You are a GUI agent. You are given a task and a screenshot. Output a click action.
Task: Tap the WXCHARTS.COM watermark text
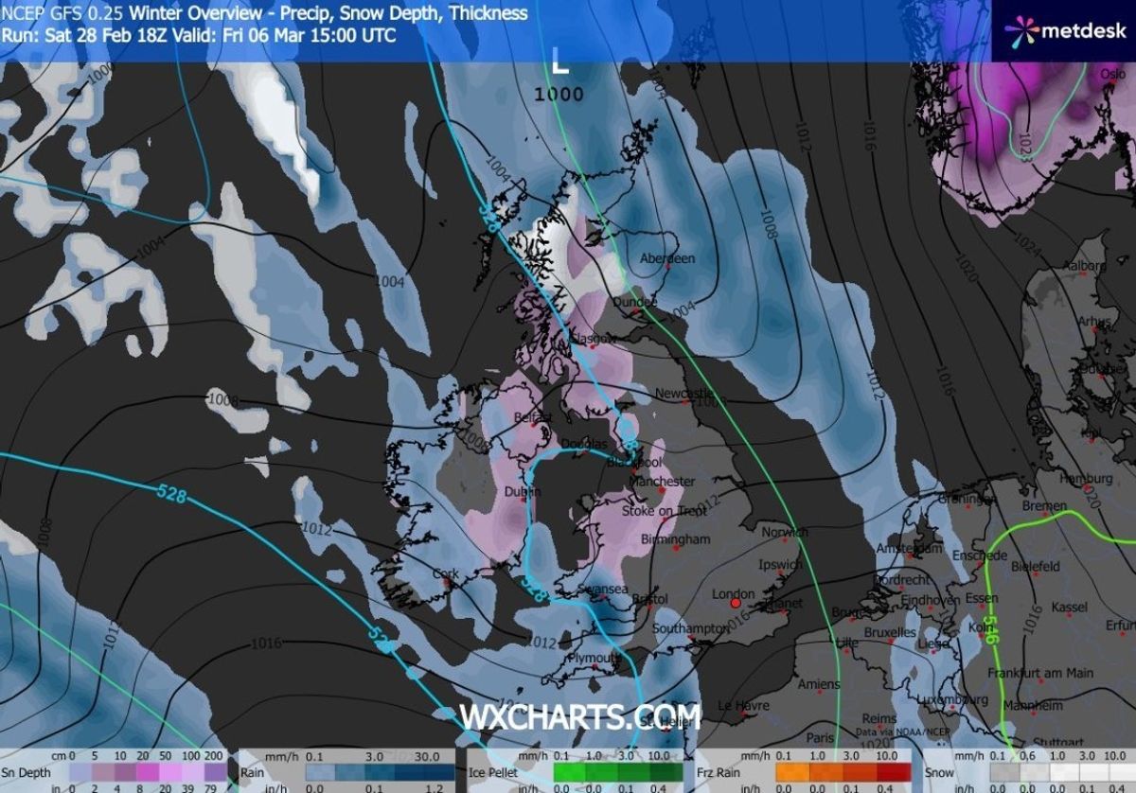pos(579,716)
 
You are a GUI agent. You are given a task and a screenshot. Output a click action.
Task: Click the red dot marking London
pos(735,602)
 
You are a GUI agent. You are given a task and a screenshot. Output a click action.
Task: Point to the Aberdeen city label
pos(667,258)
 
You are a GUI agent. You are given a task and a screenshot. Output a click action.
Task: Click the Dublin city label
pos(517,492)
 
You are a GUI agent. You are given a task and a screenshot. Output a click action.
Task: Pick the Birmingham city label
pos(676,539)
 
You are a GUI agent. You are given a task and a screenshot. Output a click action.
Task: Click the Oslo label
pos(1113,74)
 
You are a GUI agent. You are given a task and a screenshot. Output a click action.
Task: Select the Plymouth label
pos(594,658)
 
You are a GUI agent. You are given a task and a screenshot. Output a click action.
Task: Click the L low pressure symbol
pos(560,64)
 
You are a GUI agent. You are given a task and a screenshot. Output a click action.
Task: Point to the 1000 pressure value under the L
pos(559,94)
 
